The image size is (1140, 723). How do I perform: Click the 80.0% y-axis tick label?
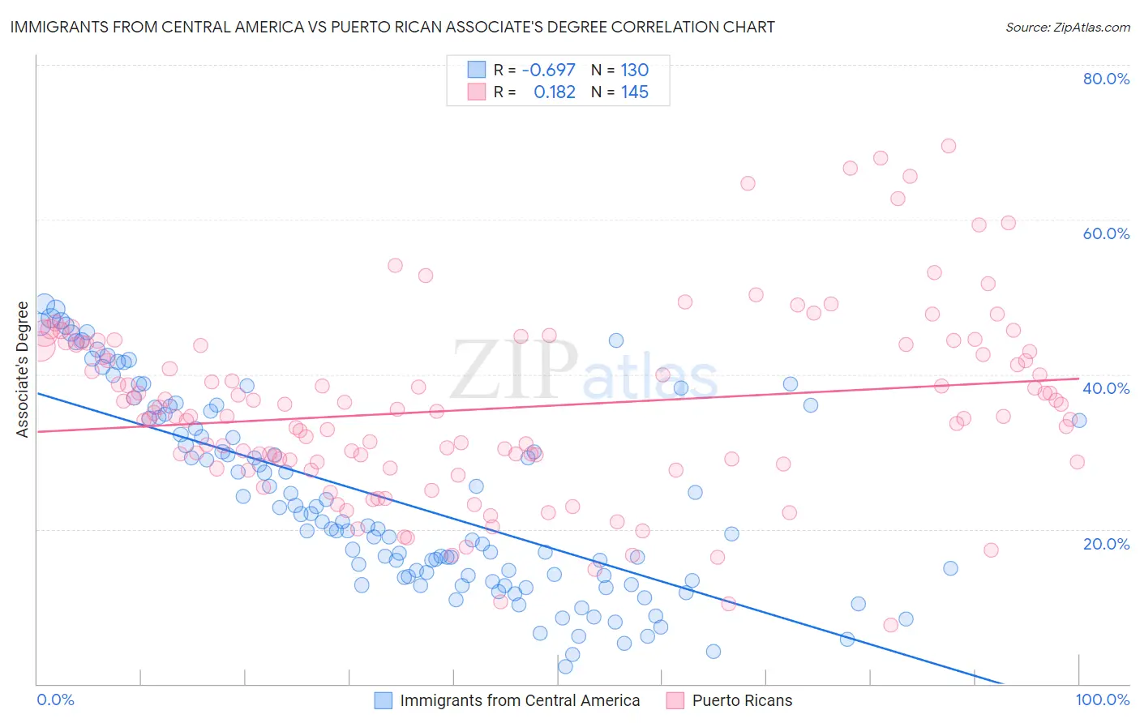pos(1106,79)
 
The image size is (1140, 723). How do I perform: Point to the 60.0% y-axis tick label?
pos(1106,233)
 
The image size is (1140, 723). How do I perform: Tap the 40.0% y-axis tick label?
pos(1106,388)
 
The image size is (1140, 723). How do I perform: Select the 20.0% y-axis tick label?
pos(1106,543)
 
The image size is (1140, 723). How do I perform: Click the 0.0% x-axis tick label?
pos(55,699)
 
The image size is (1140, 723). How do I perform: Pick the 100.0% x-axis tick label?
pos(1102,699)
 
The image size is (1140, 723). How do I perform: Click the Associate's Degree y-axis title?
pos(22,370)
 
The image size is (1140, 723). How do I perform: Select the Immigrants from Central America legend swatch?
pos(384,700)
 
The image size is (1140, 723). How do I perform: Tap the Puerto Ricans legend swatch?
pos(675,700)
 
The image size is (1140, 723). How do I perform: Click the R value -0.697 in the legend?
pos(548,70)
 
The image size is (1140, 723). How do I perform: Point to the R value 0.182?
pos(555,92)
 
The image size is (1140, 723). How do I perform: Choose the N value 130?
pos(634,70)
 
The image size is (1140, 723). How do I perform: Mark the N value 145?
pos(634,92)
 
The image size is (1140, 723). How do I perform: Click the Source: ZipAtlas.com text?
pos(1067,27)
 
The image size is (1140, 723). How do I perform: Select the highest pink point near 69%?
pos(949,146)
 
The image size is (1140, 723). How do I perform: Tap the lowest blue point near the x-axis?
pos(565,666)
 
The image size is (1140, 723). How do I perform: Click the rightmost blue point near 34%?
pos(1079,420)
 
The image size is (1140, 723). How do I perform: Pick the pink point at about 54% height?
pos(395,265)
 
